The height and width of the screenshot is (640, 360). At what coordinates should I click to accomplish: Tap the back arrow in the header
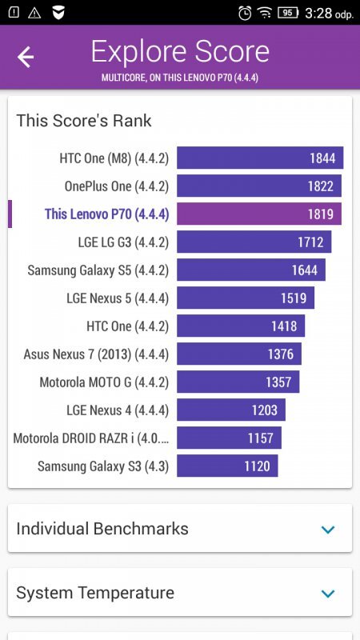(x=26, y=57)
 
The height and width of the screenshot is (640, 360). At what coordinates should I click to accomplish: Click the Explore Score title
(x=180, y=52)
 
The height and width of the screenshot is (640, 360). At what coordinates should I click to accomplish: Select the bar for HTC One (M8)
(x=259, y=158)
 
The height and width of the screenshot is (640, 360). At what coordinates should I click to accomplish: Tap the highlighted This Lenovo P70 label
(x=106, y=214)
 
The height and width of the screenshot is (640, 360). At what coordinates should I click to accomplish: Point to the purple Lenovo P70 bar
(x=258, y=214)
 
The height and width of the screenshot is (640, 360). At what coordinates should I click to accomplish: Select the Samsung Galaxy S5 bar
(x=250, y=270)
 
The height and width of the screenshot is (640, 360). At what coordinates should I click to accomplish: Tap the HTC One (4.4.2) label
(x=127, y=326)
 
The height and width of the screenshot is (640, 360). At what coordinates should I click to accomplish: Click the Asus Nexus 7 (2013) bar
(x=238, y=354)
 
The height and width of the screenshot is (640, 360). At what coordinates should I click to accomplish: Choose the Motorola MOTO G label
(x=104, y=382)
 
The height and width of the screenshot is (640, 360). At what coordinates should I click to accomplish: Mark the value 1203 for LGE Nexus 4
(x=264, y=410)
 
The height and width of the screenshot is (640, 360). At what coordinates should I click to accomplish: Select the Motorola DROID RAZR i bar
(x=229, y=438)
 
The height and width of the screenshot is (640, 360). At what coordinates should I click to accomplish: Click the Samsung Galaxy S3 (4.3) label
(x=102, y=466)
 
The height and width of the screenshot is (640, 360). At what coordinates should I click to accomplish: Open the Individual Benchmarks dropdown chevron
(x=327, y=530)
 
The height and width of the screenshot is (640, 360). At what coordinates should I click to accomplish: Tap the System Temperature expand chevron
(x=327, y=594)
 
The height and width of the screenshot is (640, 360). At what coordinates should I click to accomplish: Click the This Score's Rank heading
(x=84, y=121)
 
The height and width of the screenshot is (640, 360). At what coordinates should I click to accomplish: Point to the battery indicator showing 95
(x=287, y=13)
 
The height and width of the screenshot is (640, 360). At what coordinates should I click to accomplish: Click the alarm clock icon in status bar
(x=245, y=13)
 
